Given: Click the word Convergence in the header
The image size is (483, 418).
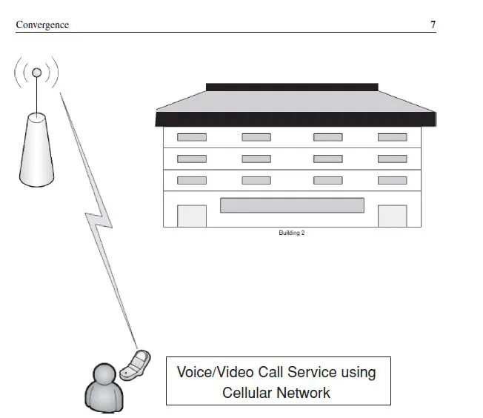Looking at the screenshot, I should (x=42, y=25).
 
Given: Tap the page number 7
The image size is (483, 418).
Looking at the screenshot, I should (x=433, y=25).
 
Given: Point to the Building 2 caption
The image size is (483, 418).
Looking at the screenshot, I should (x=291, y=233).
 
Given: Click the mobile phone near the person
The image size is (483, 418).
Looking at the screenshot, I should (x=136, y=365).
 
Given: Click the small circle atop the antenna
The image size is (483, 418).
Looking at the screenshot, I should (x=36, y=73).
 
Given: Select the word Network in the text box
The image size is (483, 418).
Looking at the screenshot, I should (x=303, y=392).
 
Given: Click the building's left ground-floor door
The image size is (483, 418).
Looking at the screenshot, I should (x=191, y=216).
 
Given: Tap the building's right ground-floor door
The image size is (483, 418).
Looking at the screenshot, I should (x=392, y=216).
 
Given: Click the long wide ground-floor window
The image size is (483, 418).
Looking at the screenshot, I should (x=292, y=205).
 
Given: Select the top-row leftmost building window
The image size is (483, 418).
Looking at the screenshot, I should (x=191, y=137).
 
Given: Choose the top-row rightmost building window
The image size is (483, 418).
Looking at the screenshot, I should (x=392, y=137).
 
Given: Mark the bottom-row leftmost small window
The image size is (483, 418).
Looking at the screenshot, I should (x=191, y=180).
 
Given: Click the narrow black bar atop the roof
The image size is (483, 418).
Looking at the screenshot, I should (x=292, y=87).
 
